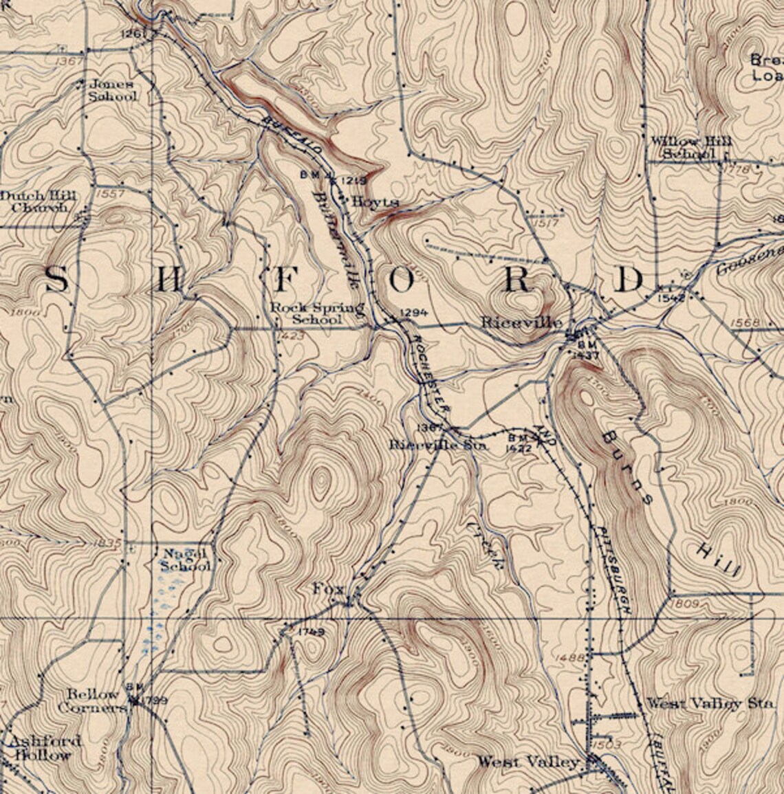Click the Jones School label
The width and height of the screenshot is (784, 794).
point(112,91)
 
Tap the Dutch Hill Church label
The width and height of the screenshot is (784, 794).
point(39,201)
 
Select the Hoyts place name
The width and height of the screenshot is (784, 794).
point(375,202)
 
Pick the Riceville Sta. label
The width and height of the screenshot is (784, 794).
point(438,445)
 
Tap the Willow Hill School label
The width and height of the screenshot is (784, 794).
point(691,148)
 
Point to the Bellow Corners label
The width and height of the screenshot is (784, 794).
point(94,701)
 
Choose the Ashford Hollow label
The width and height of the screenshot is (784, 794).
point(43,748)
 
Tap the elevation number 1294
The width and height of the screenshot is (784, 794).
point(413,313)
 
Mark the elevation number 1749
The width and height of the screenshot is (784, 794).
point(312,631)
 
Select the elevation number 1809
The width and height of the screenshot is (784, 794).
point(687,603)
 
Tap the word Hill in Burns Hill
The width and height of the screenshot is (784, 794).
point(717,559)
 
